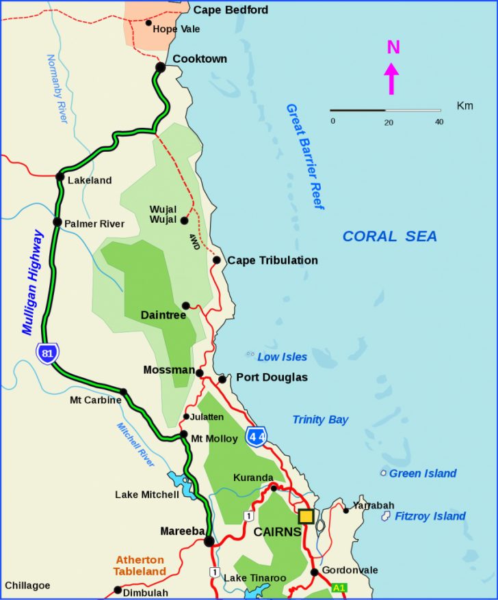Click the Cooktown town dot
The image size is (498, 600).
160,67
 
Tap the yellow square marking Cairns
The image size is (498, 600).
306,516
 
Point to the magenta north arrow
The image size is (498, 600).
393,78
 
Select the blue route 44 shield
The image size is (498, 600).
257,436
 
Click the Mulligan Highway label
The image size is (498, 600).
32,282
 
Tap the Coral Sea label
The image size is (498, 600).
389,236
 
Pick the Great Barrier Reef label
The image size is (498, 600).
304,156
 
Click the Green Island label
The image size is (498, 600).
423,474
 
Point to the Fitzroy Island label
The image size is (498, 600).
430,516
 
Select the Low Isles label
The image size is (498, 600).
282,357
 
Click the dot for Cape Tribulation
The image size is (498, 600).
216,260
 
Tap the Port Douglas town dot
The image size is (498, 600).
222,379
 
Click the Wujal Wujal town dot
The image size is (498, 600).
184,220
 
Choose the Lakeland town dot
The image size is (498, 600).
60,177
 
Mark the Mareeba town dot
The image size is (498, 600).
209,542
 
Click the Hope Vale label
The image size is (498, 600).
176,29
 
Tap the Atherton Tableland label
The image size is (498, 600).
140,565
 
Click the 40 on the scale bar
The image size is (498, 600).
438,122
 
